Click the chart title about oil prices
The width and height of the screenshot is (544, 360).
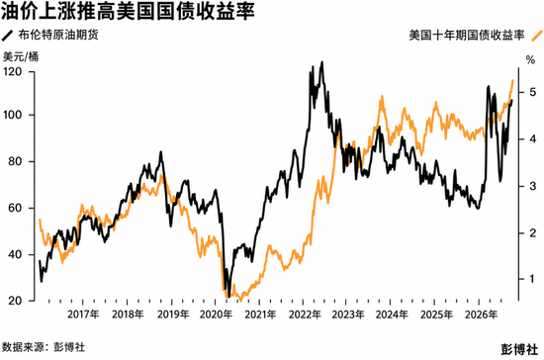coord(128,11)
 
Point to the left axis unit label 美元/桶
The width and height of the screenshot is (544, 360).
coord(21,56)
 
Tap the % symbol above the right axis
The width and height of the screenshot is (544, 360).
coord(530,60)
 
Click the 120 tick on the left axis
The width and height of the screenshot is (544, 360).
coord(13,72)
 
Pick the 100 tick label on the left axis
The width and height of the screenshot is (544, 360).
coord(13,115)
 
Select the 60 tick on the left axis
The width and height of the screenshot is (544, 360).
coord(15,208)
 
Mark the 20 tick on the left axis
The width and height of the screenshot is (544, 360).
coord(15,301)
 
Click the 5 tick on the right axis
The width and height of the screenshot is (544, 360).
coord(532,92)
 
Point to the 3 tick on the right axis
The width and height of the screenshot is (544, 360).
coord(532,186)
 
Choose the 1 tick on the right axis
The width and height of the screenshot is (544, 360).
coord(532,279)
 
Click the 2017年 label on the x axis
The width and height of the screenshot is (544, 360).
coord(83,315)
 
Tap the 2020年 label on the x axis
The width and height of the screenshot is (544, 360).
coord(216,315)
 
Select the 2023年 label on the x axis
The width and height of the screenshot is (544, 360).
coord(348,315)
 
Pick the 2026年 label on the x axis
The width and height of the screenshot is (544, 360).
coord(481,315)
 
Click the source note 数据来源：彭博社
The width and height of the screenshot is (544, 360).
coord(44,347)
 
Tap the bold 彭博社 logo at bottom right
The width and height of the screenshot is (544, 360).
coord(519,349)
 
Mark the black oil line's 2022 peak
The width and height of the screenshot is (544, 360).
coord(322,62)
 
